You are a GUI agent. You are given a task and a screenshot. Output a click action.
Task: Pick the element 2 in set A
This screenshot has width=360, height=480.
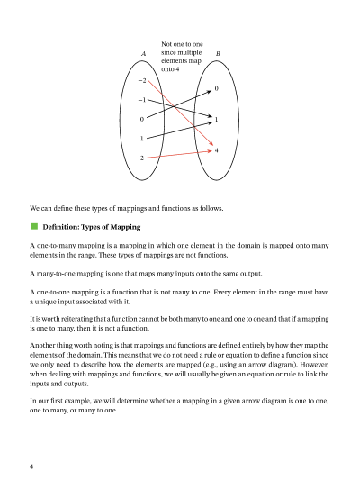pos(142,158)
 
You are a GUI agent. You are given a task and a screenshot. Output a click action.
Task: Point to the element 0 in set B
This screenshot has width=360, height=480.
pos(217,88)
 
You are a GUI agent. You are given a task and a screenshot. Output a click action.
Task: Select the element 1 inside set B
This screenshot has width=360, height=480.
pos(217,119)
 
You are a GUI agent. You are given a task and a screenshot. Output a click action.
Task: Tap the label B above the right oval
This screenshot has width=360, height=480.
pos(217,55)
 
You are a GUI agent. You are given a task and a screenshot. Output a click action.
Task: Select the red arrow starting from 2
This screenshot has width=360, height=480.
pos(180,155)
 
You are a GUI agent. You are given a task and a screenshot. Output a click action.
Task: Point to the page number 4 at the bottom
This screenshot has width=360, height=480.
pos(31,466)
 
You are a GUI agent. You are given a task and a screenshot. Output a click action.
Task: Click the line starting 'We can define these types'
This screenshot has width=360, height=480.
pos(126,209)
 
